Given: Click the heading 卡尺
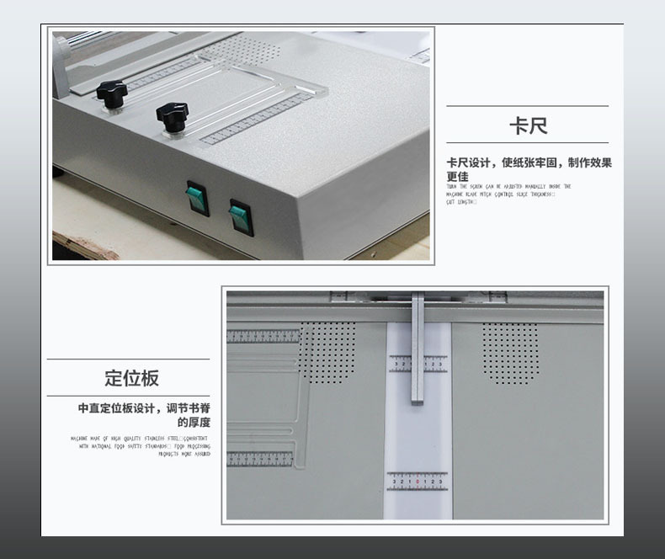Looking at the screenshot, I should tap(528, 127).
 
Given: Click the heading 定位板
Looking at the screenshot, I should tap(131, 378).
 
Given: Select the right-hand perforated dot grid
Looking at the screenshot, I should tap(510, 353).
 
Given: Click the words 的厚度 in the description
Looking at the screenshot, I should tap(193, 423).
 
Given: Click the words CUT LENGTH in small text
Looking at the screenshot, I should tap(460, 202).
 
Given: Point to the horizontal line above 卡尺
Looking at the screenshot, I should tap(527, 106).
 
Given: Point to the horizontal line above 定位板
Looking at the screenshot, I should tap(128, 359).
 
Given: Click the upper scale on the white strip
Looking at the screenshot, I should tap(418, 363).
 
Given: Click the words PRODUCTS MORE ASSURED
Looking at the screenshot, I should tap(184, 454).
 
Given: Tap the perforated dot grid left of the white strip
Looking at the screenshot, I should tap(327, 352).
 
